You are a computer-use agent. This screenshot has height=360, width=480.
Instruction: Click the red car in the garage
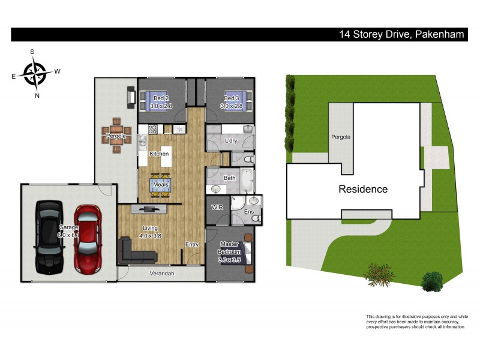pyautogui.click(x=88, y=237)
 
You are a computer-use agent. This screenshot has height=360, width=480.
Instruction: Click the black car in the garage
pyautogui.click(x=49, y=237)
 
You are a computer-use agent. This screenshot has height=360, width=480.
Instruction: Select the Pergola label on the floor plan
pyautogui.click(x=116, y=136)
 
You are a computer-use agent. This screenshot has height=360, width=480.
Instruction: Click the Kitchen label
pyautogui.click(x=159, y=154)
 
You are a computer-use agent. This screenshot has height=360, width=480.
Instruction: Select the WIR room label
pyautogui.click(x=217, y=208)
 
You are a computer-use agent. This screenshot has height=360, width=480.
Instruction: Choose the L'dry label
pyautogui.click(x=230, y=140)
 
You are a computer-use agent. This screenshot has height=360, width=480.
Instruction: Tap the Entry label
pyautogui.click(x=192, y=244)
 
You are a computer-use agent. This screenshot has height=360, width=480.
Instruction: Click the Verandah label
pyautogui.click(x=161, y=274)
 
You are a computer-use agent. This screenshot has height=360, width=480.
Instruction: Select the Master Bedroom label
pyautogui.click(x=230, y=247)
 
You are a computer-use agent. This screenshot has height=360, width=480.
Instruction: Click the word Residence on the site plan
pyautogui.click(x=363, y=189)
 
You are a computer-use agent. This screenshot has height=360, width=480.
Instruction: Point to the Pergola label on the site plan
pyautogui.click(x=340, y=137)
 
